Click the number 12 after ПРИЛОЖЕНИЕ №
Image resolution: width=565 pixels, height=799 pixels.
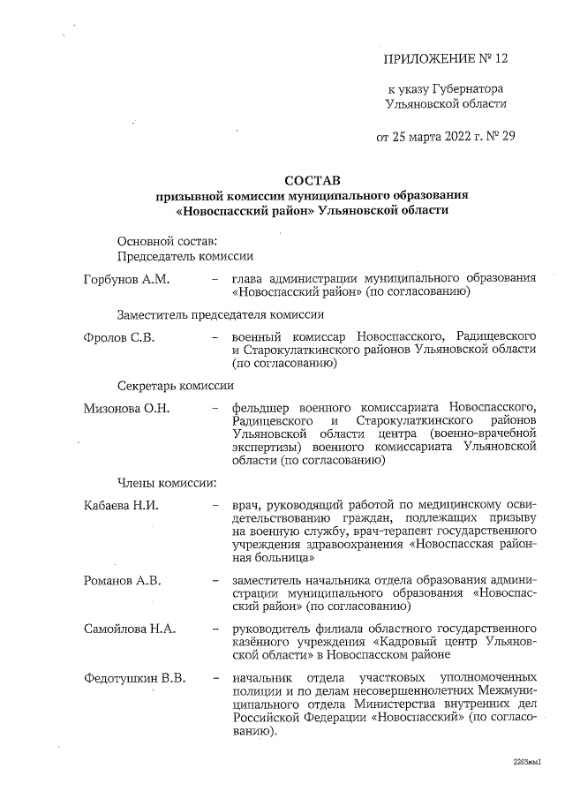point(503,59)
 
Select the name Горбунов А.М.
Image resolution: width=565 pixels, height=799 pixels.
point(126,279)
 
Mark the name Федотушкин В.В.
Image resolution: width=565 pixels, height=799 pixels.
point(134,678)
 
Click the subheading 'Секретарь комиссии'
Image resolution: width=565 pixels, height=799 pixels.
point(175,386)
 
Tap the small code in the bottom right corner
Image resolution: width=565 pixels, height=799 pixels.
point(526,760)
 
